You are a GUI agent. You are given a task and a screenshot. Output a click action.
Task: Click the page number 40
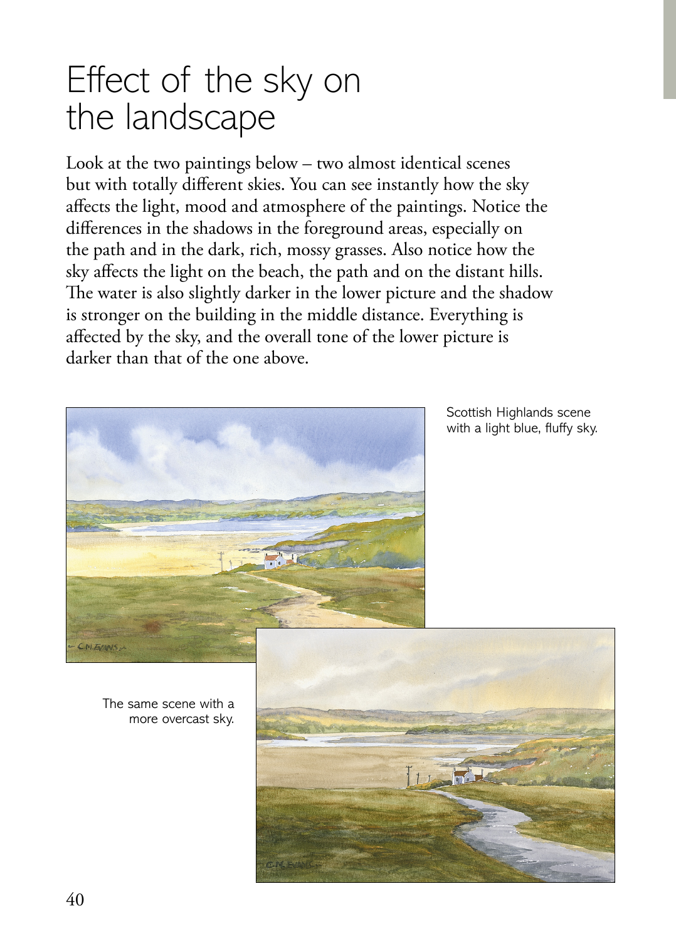click(75, 900)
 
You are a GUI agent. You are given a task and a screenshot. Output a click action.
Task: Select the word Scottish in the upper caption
click(469, 412)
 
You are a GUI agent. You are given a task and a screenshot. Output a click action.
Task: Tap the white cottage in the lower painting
click(463, 778)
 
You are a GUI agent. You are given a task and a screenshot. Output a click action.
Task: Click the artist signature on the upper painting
click(97, 646)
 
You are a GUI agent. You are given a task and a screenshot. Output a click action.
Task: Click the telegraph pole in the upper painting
click(221, 560)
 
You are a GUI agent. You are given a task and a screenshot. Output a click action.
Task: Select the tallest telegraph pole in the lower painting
click(409, 775)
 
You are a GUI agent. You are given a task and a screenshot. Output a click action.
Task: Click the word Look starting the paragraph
click(85, 164)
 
